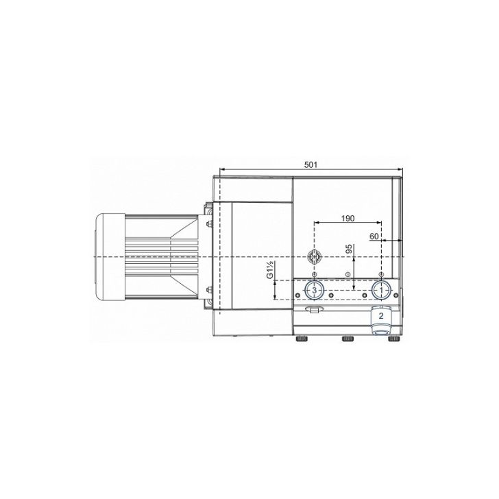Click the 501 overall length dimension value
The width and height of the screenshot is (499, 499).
point(311,165)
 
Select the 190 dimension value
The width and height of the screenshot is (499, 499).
point(348,218)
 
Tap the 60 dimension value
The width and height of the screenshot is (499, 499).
point(374,236)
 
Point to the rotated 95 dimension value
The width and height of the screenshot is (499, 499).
point(349,249)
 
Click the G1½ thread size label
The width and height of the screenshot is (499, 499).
point(270,269)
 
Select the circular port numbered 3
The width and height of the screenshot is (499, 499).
point(314,290)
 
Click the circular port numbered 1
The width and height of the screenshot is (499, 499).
point(381,290)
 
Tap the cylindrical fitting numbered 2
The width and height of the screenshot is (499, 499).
point(381,320)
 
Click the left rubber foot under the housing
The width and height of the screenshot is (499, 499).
point(302,339)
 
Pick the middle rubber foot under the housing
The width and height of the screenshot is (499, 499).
point(348,339)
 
